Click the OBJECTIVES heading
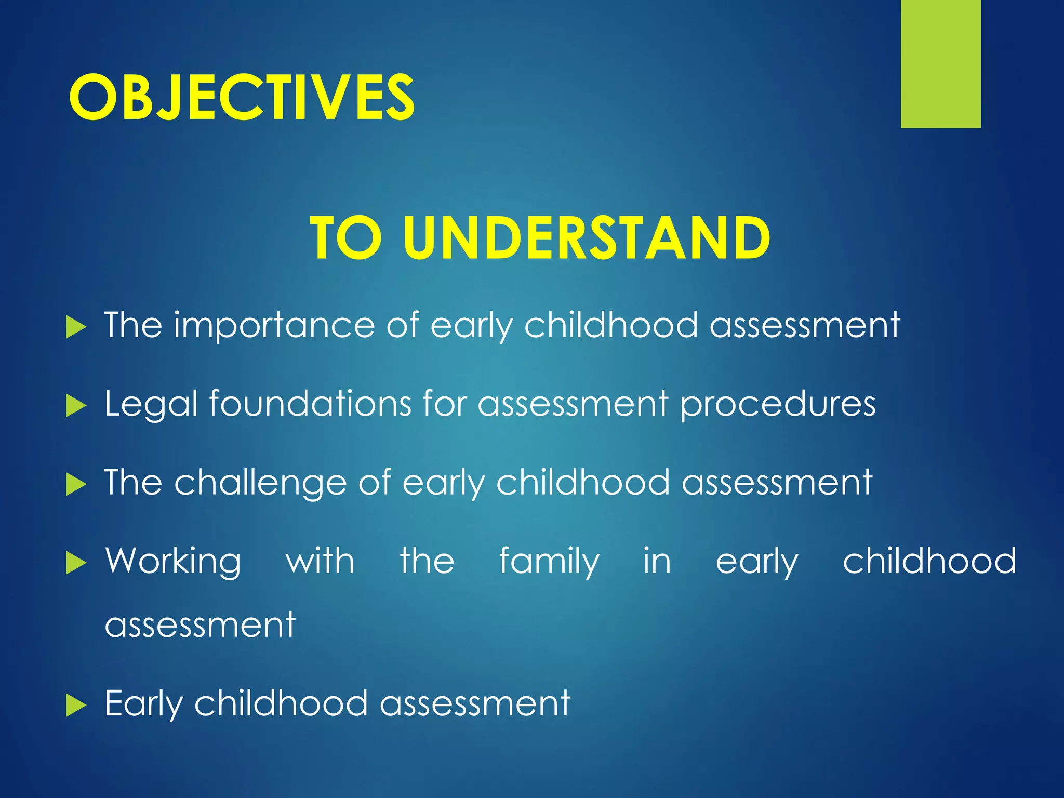242,97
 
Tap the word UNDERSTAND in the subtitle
587,238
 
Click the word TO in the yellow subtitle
345,238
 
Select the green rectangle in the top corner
940,63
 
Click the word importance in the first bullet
274,326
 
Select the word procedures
778,405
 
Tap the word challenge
260,483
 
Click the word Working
173,562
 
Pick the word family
549,562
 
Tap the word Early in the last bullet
143,704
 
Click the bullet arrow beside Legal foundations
76,406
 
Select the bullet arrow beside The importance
76,327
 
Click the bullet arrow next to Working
76,563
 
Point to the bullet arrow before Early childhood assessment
76,706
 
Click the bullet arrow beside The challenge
76,485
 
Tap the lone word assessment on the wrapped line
200,626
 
